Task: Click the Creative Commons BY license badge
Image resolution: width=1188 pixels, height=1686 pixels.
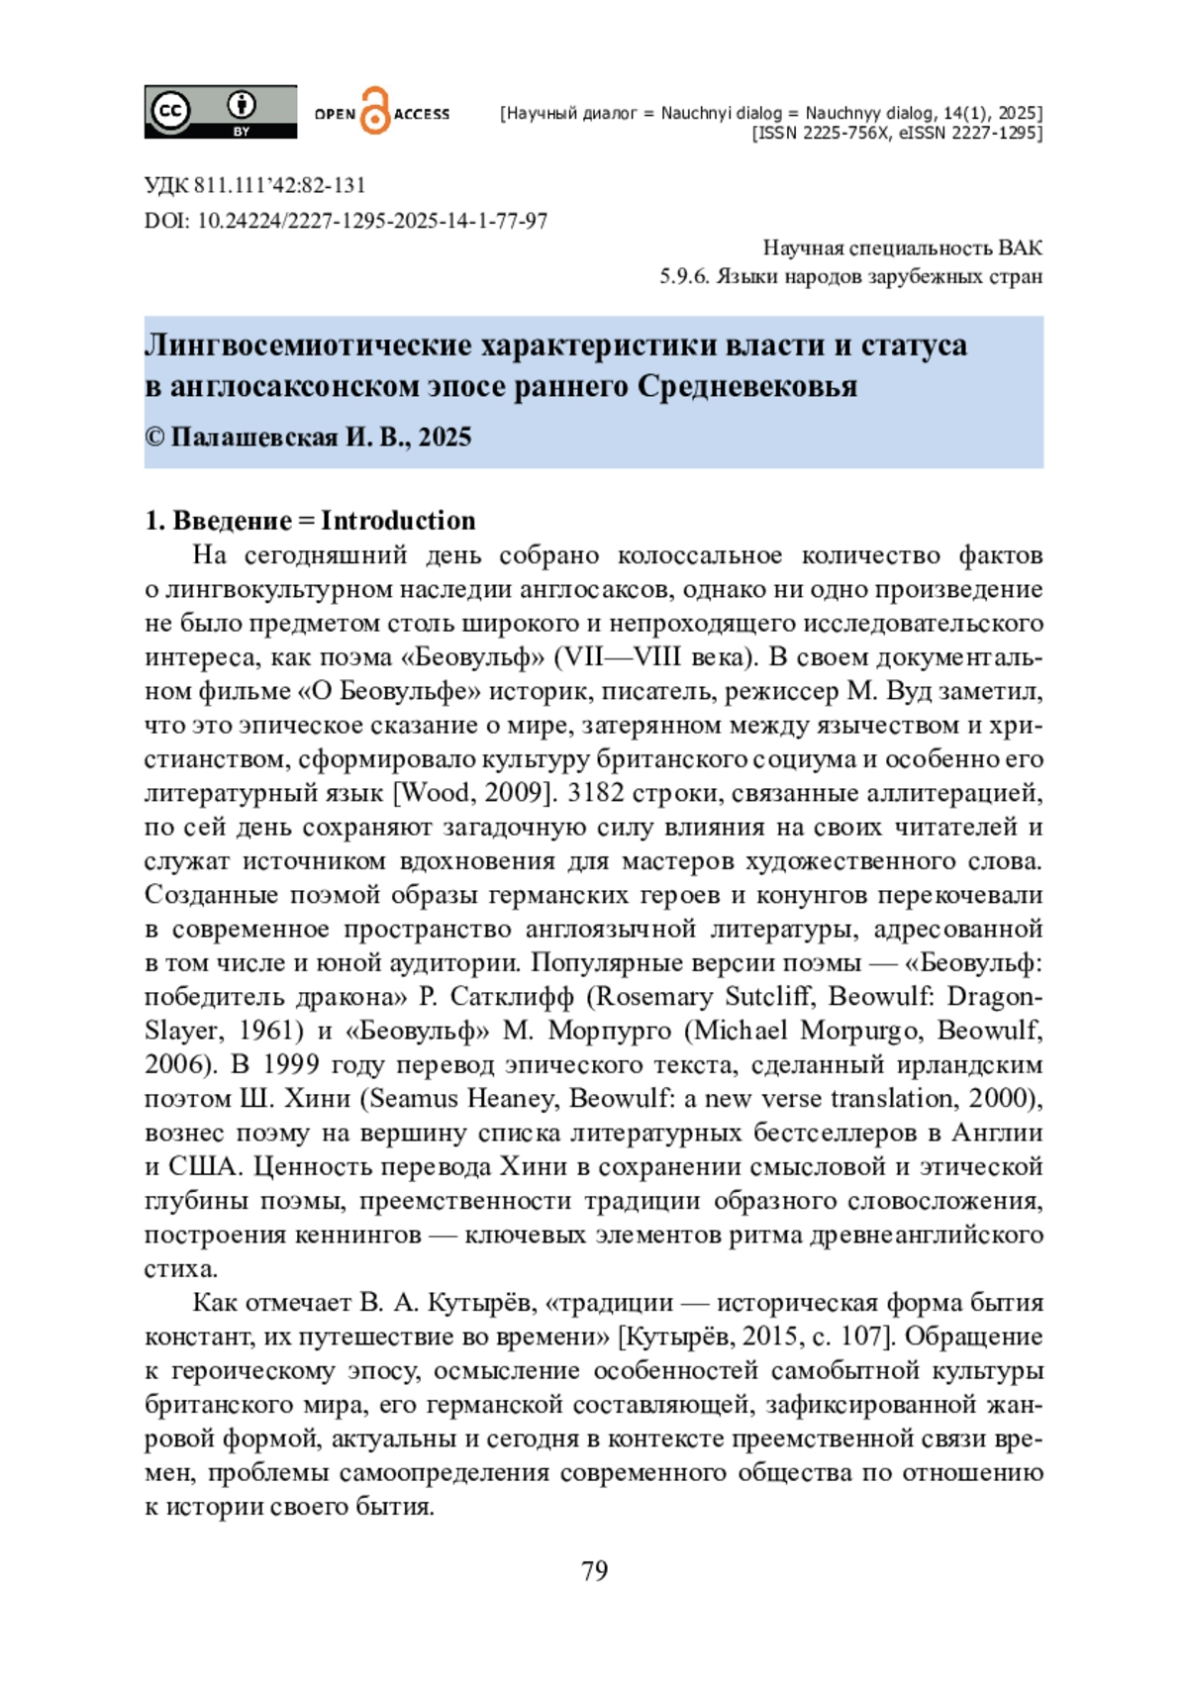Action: (220, 111)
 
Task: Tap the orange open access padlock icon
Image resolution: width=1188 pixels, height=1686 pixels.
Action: (374, 111)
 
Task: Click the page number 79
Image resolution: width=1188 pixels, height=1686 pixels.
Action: (594, 1571)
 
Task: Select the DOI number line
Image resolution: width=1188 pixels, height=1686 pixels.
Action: (346, 221)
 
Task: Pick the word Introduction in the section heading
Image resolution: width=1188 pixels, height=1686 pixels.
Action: (398, 521)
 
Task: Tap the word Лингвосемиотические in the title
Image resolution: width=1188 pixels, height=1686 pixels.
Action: (309, 345)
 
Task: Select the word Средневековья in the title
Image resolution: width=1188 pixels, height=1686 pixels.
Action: (746, 386)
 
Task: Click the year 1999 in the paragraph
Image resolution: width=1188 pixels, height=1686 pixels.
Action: (290, 1065)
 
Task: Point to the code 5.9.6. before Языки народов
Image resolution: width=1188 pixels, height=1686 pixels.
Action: (685, 276)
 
